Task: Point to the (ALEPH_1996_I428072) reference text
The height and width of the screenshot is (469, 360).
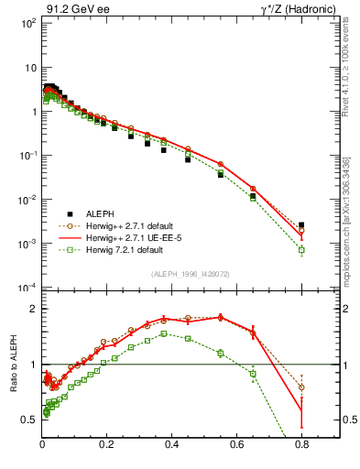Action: click(x=190, y=274)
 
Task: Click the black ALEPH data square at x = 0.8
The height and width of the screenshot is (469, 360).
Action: click(x=301, y=224)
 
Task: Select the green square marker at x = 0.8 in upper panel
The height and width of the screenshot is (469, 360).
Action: click(x=301, y=249)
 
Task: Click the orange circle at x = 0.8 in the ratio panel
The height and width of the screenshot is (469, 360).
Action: click(x=301, y=387)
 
